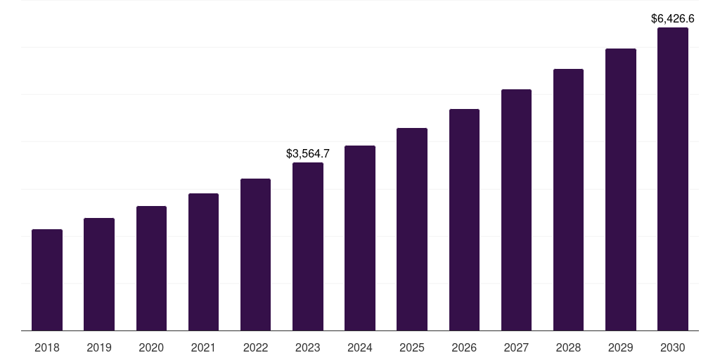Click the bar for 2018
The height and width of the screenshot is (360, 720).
47,280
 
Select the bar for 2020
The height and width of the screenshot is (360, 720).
151,268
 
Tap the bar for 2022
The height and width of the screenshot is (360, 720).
255,255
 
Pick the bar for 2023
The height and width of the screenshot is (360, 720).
308,246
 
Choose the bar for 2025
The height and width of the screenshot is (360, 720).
412,229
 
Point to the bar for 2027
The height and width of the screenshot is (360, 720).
516,210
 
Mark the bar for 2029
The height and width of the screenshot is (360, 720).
621,189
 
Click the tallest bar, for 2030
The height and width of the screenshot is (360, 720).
673,179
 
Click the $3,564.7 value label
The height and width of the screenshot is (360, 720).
308,153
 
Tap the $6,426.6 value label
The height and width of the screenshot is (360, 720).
673,18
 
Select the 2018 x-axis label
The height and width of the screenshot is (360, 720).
47,347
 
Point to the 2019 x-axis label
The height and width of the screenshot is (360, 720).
99,347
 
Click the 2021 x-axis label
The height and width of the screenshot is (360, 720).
203,347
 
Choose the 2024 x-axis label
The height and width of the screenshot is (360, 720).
360,347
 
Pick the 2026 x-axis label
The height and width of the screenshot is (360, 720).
464,347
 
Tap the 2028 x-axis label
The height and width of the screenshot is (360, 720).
568,347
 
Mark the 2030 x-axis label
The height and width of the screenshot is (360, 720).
673,347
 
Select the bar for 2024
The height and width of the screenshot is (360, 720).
360,238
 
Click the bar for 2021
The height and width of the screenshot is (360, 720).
203,262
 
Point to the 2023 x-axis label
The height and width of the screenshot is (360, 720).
308,347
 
